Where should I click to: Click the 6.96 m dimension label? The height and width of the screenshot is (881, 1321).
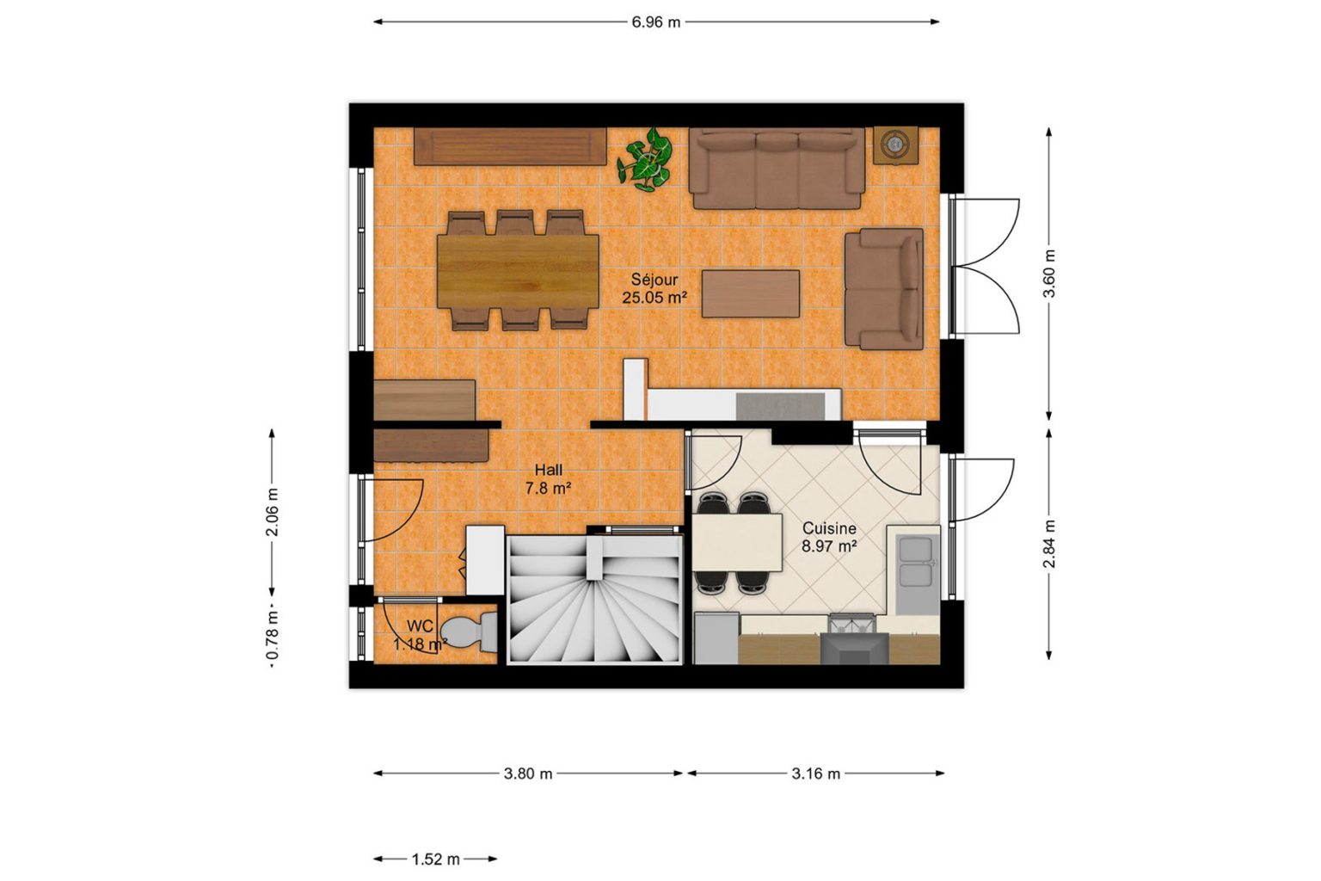[x=656, y=22]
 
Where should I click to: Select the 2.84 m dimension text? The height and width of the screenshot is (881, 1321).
[x=1049, y=544]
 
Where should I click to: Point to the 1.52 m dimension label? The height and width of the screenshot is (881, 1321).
[x=435, y=859]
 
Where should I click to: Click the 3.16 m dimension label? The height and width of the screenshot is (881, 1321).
[x=815, y=773]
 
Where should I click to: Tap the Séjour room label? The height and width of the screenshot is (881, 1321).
[x=654, y=279]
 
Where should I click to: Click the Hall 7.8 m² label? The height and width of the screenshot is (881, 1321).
[x=549, y=479]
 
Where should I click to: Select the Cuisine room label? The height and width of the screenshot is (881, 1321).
[x=829, y=529]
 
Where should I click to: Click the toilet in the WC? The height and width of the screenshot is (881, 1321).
[x=470, y=632]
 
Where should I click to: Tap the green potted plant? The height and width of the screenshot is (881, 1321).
[x=645, y=158]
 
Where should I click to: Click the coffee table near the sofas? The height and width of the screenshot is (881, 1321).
[x=750, y=294]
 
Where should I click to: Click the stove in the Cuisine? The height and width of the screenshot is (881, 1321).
[x=854, y=639]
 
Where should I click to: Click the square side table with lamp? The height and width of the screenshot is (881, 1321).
[x=896, y=145]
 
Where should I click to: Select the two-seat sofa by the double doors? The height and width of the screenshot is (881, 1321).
[x=883, y=289]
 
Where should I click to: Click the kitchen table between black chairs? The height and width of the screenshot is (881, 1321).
[x=736, y=543]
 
